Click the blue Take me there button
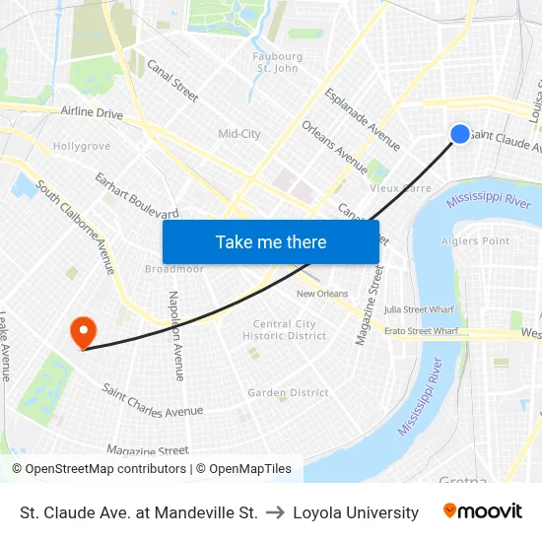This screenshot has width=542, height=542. pyautogui.click(x=271, y=241)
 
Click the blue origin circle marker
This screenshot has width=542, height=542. pyautogui.click(x=460, y=134)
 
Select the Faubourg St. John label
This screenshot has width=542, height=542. pyautogui.click(x=277, y=62)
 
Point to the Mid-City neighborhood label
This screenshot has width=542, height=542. pyautogui.click(x=239, y=134)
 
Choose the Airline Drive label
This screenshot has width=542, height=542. pyautogui.click(x=92, y=114)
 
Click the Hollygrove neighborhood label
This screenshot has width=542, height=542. pyautogui.click(x=81, y=146)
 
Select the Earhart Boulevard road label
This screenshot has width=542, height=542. pyautogui.click(x=136, y=195)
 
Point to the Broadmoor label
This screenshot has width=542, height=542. pyautogui.click(x=173, y=269)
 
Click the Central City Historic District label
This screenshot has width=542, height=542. pyautogui.click(x=285, y=330)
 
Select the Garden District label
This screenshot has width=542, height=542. pyautogui.click(x=288, y=392)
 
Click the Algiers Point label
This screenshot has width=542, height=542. pyautogui.click(x=476, y=241)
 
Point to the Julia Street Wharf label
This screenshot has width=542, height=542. pyautogui.click(x=419, y=309)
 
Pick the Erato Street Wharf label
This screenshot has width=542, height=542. pyautogui.click(x=421, y=332)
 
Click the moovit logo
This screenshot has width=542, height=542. pyautogui.click(x=482, y=511)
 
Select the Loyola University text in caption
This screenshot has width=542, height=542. pyautogui.click(x=356, y=512)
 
